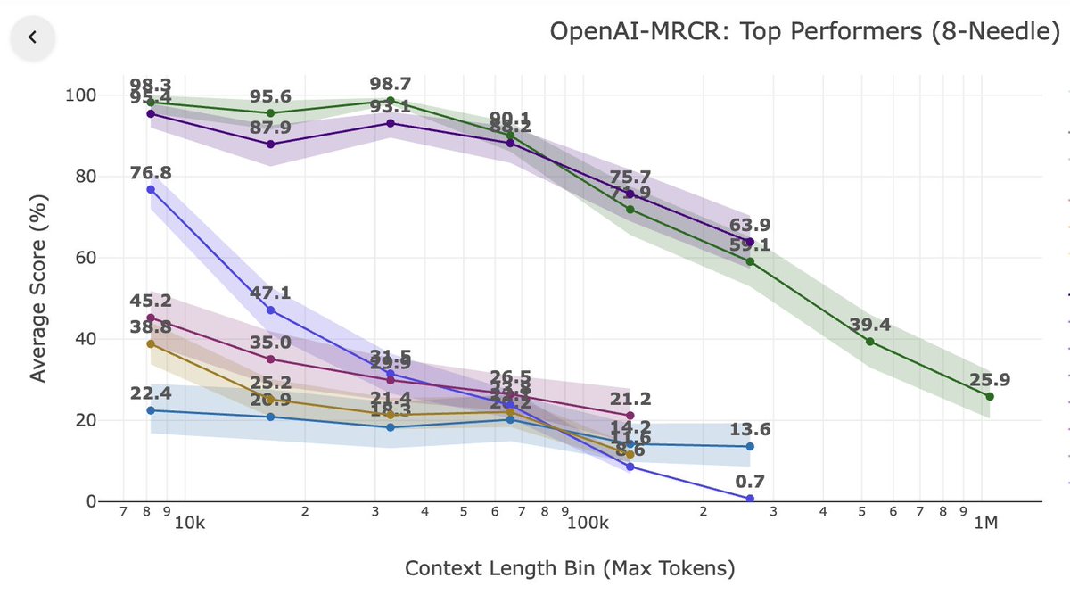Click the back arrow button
(x=33, y=37)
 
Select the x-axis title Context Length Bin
(x=571, y=568)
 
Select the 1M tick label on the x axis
(x=984, y=522)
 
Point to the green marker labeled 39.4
(x=869, y=342)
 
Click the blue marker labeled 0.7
(x=750, y=499)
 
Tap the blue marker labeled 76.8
(x=151, y=189)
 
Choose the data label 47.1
(x=271, y=293)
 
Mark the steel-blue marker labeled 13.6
(x=750, y=446)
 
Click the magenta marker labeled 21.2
(x=630, y=416)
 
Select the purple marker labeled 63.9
(x=750, y=242)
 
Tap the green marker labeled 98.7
(x=391, y=101)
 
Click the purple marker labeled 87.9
(x=271, y=144)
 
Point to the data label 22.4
(x=151, y=393)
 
